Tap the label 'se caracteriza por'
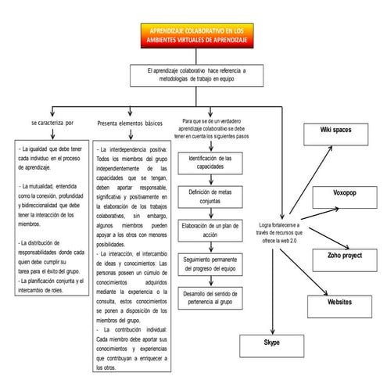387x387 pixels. pos(52,123)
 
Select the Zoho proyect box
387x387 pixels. pos(341,255)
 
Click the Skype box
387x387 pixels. pos(271,343)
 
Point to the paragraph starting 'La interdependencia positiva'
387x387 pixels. pos(131,195)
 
